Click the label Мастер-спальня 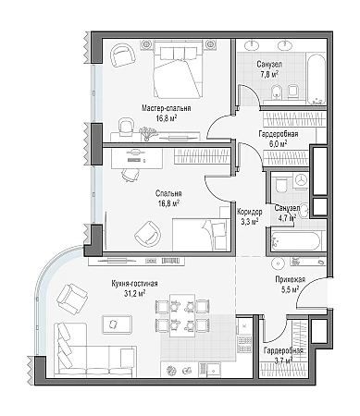166,108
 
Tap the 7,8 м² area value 269,74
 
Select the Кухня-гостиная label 134,284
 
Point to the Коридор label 250,212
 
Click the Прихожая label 291,279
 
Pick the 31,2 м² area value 135,293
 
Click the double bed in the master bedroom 179,71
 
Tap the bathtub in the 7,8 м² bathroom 316,80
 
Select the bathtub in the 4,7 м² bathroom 295,240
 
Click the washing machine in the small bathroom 302,179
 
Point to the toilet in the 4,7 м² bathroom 281,185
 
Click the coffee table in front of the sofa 117,324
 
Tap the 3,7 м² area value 282,360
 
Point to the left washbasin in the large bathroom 254,45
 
